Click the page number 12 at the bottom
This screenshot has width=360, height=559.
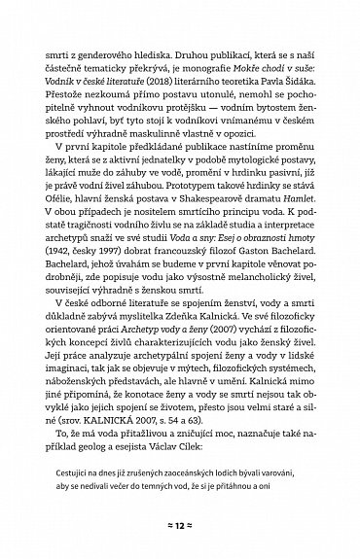tap(180, 523)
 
